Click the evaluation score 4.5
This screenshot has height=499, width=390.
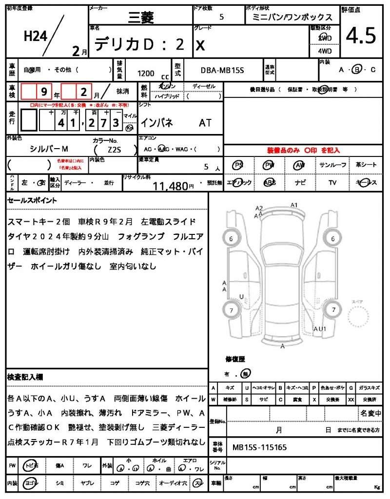pos(361,36)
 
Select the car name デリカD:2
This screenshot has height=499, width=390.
pos(139,44)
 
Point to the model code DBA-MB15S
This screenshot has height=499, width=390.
pos(222,70)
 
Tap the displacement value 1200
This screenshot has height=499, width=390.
pos(146,74)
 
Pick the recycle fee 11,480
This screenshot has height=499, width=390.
pos(170,186)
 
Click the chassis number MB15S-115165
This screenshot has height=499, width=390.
pos(259,446)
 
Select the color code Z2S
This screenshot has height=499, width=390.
pos(115,150)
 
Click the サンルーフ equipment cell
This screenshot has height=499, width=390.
pos(333,166)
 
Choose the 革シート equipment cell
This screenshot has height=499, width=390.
pos(366,166)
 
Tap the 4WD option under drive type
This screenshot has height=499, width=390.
pos(325,51)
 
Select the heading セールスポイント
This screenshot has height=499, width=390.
pos(32,200)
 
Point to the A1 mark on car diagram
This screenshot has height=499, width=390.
pos(294,205)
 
